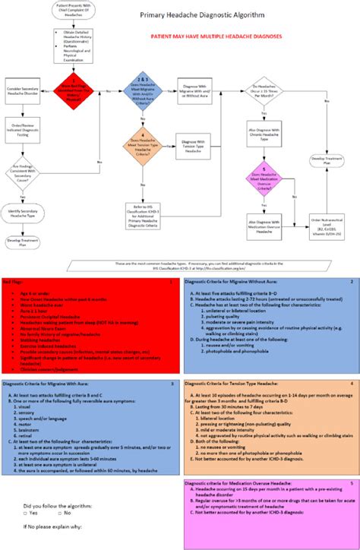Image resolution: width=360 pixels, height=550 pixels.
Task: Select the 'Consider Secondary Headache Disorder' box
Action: (24, 90)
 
